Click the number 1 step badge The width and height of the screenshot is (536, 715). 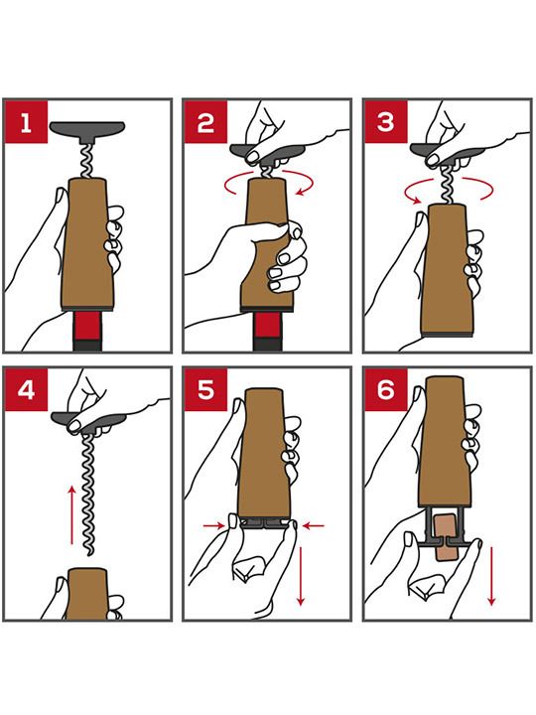point(26,122)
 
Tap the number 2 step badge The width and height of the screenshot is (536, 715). point(205,122)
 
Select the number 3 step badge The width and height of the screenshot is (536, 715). point(385,122)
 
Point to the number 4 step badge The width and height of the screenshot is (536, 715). point(26,390)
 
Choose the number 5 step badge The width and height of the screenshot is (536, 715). point(205,390)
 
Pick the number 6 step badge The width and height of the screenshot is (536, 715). point(385,390)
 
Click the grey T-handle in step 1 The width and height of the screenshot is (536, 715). point(87,129)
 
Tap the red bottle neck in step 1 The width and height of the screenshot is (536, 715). point(87,325)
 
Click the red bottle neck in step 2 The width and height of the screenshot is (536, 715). point(267,325)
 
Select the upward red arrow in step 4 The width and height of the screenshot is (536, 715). point(71,515)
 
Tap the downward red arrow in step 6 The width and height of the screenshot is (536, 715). point(491,576)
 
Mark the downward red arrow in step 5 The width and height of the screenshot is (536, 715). point(301,576)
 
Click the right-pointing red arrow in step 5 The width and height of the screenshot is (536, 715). point(214,525)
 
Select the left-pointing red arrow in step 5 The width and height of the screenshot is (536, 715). point(314,525)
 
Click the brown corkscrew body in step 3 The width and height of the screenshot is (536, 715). point(446,270)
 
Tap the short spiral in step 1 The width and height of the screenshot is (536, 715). point(86,161)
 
